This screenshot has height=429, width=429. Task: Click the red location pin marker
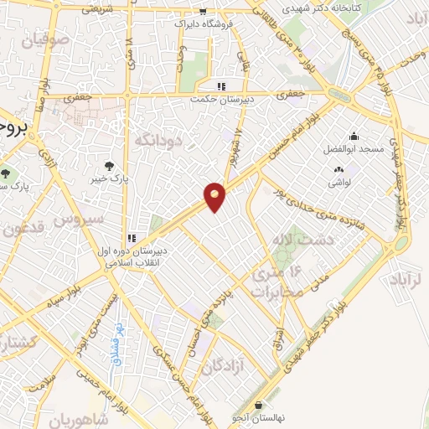(x=215, y=196)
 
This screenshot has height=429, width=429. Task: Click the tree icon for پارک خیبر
(x=109, y=164)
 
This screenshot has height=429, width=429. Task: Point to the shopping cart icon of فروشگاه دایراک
(x=204, y=12)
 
